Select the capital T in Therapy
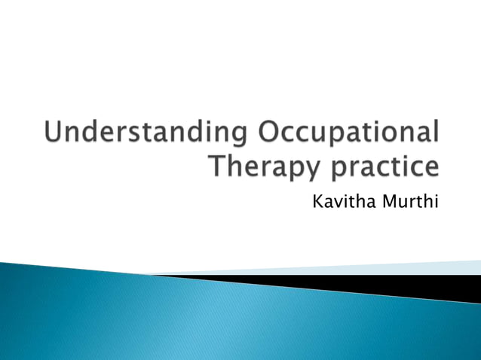215,165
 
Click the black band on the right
422,286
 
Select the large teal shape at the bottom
151,316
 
